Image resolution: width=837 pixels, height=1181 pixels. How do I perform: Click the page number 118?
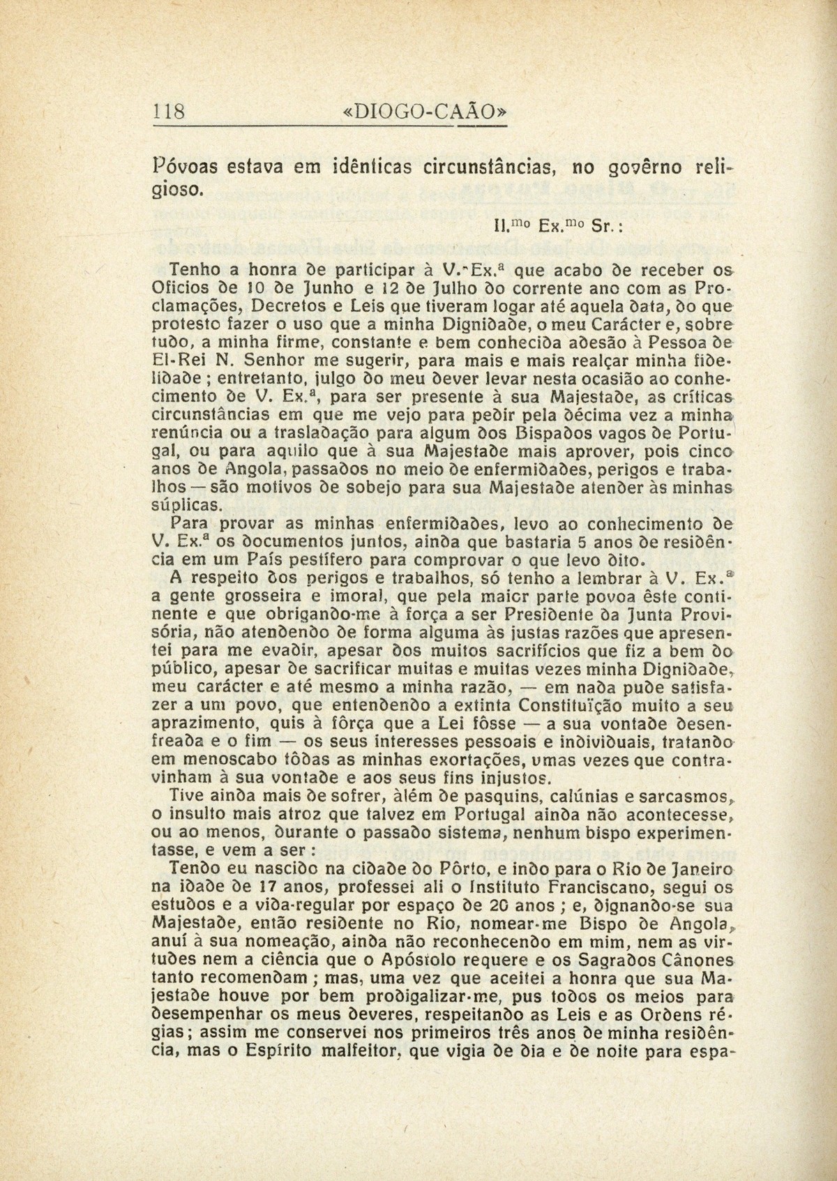click(x=169, y=111)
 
